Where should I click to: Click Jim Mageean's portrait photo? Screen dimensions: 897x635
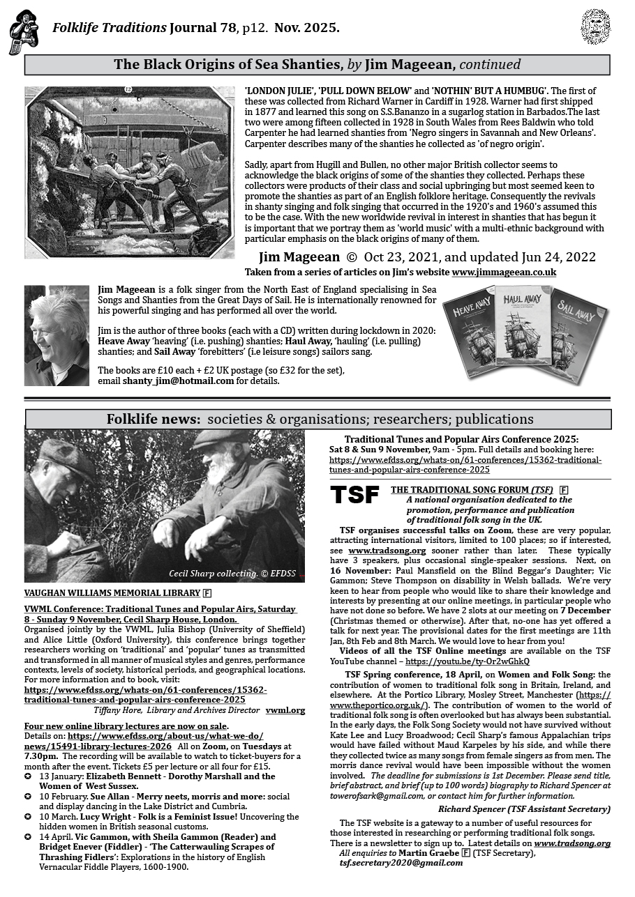pos(57,335)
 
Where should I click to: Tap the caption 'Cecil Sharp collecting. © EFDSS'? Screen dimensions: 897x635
pos(233,574)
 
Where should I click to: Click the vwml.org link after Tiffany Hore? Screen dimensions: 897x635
pos(285,710)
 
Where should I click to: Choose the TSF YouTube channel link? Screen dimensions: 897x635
pos(467,661)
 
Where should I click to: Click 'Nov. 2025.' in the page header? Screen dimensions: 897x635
pos(307,28)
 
